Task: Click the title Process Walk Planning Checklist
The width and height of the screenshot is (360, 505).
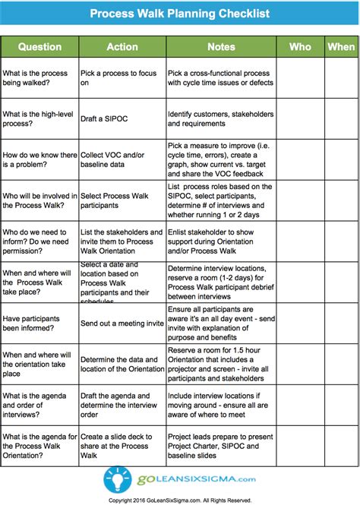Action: click(x=180, y=14)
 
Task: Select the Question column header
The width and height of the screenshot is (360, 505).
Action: click(x=39, y=46)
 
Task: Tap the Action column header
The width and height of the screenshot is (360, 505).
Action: click(x=122, y=46)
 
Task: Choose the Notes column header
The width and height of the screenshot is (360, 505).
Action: click(x=221, y=46)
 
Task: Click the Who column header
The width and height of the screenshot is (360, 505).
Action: click(x=300, y=46)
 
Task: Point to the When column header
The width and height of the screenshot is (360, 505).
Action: click(x=341, y=46)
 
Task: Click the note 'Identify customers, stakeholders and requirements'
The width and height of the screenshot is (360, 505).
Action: click(x=220, y=119)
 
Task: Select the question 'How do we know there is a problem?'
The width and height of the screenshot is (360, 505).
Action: click(x=39, y=158)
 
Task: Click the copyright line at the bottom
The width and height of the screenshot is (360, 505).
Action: click(x=180, y=500)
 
